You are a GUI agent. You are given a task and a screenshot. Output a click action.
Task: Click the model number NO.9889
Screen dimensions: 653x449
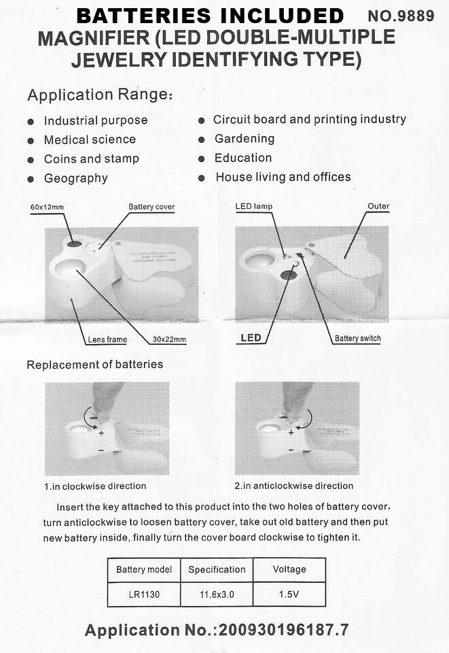401,16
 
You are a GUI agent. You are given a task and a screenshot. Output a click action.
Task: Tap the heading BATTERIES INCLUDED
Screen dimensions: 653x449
210,16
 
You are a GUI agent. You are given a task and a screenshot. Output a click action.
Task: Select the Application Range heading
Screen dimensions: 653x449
101,95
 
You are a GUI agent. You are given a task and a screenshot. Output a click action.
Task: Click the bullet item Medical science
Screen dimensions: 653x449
90,139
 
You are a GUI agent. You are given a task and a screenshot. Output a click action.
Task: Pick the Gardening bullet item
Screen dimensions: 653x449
245,139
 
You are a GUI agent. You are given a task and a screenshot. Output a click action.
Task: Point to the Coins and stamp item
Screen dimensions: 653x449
91,158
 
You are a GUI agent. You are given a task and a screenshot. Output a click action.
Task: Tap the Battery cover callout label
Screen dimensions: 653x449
151,207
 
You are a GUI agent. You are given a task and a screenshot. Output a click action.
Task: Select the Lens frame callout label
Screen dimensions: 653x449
107,339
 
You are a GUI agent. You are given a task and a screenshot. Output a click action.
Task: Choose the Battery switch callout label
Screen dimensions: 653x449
357,338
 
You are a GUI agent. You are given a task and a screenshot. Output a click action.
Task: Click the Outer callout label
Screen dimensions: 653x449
378,206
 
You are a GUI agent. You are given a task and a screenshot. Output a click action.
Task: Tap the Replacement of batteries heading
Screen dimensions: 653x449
95,365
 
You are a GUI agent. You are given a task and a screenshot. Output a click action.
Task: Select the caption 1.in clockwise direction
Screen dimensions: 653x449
95,486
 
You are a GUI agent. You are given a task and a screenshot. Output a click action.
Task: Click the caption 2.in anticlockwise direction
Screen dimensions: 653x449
294,486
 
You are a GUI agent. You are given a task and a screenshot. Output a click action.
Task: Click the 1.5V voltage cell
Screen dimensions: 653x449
289,595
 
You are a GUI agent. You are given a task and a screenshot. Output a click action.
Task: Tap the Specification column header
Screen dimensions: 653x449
217,569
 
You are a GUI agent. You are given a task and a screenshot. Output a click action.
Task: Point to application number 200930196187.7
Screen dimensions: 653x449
284,631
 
